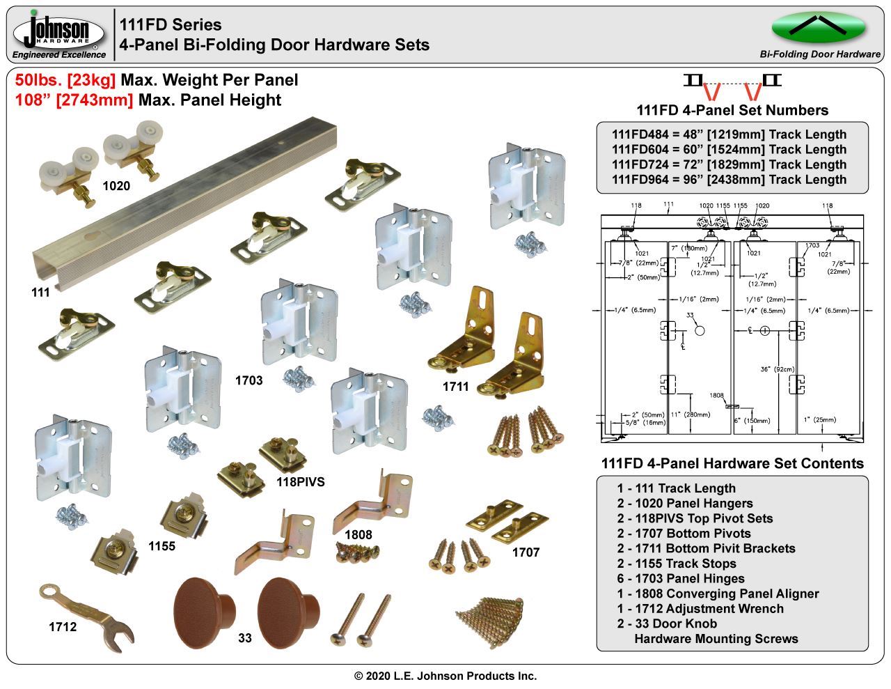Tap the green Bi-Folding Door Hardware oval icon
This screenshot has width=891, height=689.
point(819,27)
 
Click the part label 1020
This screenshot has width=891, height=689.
point(116,186)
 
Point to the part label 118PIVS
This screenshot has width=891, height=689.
point(300,481)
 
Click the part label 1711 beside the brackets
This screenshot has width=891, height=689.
point(456,386)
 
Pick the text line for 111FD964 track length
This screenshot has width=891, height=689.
point(729,179)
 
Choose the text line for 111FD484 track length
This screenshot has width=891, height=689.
point(729,134)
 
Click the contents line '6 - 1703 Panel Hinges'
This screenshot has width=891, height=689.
point(680,578)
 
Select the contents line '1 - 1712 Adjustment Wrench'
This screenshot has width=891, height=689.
point(700,608)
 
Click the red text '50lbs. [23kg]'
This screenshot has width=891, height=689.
point(65,80)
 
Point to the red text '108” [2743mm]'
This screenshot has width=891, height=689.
point(74,100)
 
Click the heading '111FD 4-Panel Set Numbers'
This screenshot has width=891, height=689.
point(732,110)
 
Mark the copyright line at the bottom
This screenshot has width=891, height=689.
point(445,676)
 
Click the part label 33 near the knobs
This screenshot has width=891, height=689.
point(245,637)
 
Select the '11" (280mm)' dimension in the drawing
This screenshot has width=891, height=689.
point(691,415)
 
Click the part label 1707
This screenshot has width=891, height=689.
point(526,552)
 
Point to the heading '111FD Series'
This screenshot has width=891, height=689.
point(171,25)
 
